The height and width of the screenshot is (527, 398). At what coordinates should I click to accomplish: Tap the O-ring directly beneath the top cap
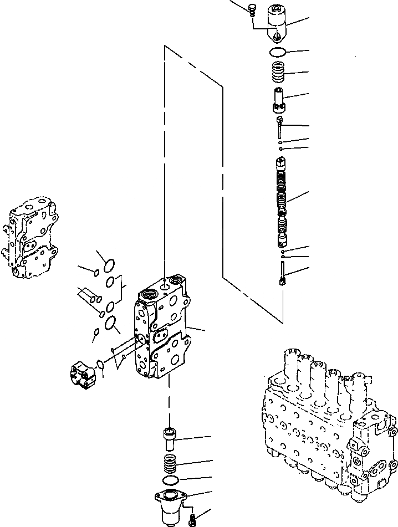277,53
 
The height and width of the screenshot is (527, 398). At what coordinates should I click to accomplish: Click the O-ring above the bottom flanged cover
171,480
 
